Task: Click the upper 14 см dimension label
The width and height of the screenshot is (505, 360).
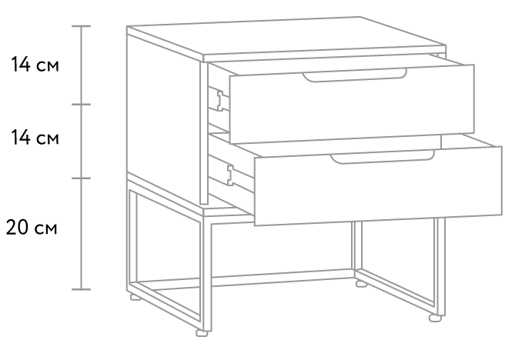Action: (x=35, y=65)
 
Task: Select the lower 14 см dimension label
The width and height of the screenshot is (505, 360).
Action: (x=35, y=138)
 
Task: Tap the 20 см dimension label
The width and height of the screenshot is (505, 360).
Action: (x=32, y=227)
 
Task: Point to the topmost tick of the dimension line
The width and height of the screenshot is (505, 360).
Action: (x=81, y=26)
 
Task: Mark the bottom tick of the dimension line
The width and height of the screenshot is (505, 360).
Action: (x=81, y=289)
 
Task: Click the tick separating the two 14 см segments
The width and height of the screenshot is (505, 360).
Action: (x=81, y=105)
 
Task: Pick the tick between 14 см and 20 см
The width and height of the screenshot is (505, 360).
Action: (x=81, y=178)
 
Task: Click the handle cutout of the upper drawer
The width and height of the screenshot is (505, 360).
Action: (x=354, y=76)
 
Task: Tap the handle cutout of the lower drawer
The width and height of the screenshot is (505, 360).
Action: (x=383, y=158)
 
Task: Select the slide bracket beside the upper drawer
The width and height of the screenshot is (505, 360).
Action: (x=219, y=101)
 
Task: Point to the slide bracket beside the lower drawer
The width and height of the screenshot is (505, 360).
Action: (x=230, y=175)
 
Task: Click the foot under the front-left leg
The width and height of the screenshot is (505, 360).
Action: (x=202, y=333)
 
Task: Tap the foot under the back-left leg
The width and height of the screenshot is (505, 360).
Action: (x=136, y=297)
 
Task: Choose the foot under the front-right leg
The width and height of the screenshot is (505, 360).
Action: (x=435, y=318)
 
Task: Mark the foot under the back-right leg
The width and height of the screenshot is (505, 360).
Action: (x=361, y=284)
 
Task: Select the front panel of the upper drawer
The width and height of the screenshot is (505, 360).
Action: (x=352, y=105)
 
